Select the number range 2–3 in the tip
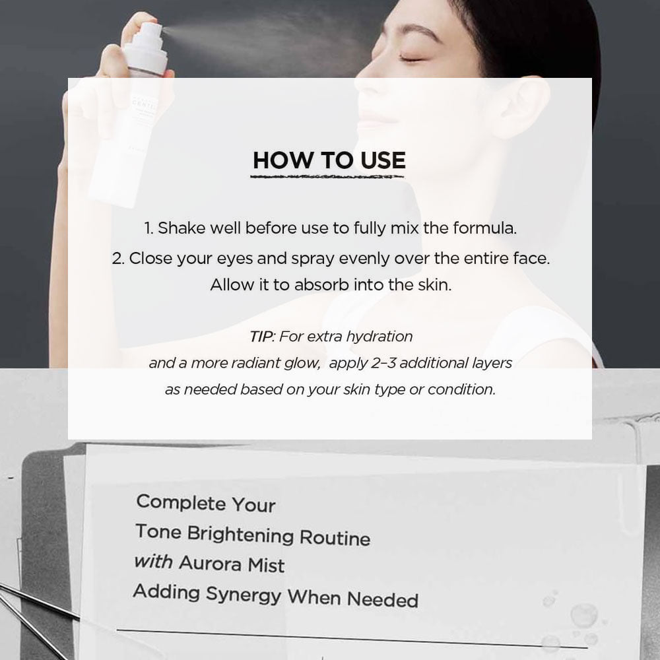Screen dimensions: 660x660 pos(383,363)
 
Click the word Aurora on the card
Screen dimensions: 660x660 pos(210,563)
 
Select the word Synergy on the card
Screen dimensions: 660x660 pos(244,595)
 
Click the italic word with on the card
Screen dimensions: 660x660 pos(153,562)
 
